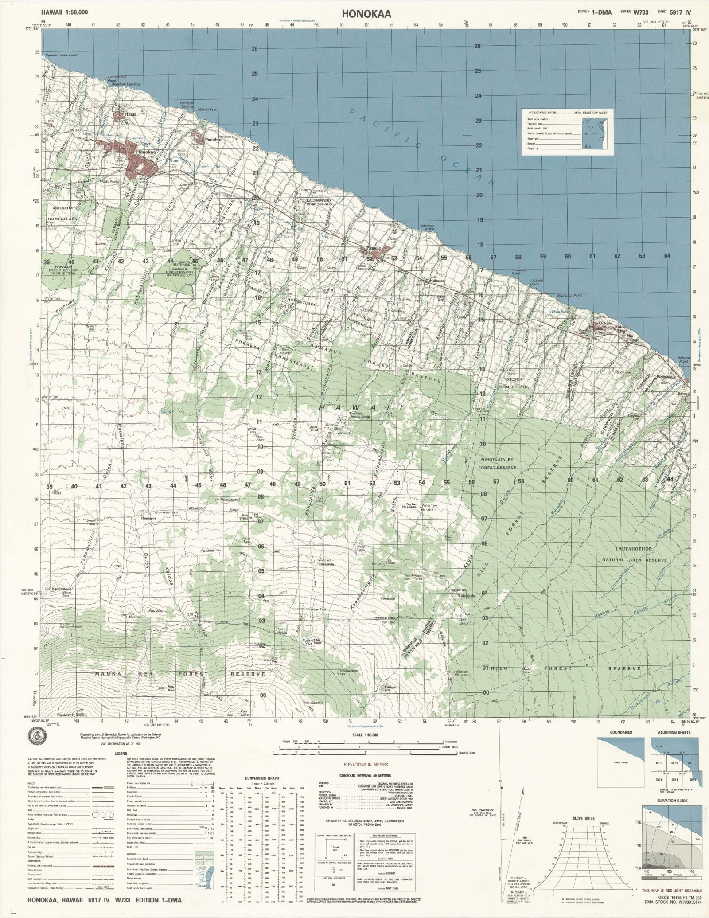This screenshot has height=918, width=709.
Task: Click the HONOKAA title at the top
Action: pos(366,14)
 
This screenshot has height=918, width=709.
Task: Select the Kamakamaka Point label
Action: pos(62,55)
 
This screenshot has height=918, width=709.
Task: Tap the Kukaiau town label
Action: pos(437,281)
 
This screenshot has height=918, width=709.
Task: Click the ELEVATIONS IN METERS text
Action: pos(366,765)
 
